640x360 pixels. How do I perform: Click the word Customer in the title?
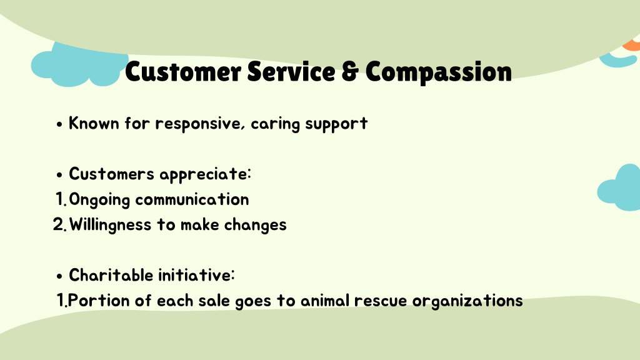pos(183,71)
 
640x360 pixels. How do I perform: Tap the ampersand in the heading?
pos(350,71)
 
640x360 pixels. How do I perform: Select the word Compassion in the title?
pos(438,72)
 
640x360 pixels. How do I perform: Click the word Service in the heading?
pos(291,71)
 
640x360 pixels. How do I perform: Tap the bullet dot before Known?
pos(59,124)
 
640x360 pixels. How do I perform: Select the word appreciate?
pos(205,175)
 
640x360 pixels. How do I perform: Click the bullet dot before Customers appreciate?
pos(59,175)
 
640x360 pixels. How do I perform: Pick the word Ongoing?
pos(99,200)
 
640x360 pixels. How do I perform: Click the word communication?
pos(192,199)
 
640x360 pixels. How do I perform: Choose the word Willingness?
pos(110,225)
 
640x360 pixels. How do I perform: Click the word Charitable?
pos(111,275)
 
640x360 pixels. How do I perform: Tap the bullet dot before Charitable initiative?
pos(59,276)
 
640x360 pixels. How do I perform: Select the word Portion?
pos(98,301)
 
